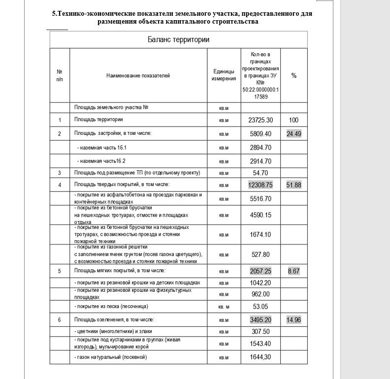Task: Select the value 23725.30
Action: tap(261, 120)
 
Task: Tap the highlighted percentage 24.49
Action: tap(294, 133)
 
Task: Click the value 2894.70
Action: tap(261, 148)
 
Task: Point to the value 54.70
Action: tap(261, 173)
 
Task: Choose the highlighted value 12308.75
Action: tap(261, 185)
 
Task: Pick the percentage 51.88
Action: tap(294, 185)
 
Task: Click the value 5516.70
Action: tap(261, 198)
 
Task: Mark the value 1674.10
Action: tap(261, 234)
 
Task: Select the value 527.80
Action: tap(261, 254)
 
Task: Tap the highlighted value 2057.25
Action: tap(261, 271)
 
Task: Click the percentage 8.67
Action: tap(294, 271)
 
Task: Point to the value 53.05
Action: tap(261, 307)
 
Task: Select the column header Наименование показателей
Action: tap(138, 76)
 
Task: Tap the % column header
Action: tap(294, 76)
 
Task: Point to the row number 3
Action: tap(60, 173)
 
